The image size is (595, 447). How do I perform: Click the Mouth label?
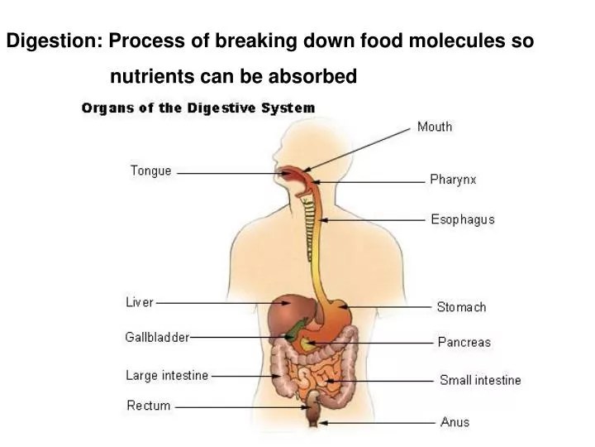(x=434, y=127)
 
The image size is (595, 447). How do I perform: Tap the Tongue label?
(x=150, y=171)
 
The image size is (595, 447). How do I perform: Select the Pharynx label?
(x=453, y=180)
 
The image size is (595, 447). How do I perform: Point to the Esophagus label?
(x=463, y=219)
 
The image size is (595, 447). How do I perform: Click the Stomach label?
(x=461, y=307)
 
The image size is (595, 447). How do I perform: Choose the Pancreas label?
(x=464, y=342)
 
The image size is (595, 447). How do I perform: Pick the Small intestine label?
(x=480, y=380)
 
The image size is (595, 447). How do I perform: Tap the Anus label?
(x=455, y=422)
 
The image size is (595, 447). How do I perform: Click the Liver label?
(x=140, y=302)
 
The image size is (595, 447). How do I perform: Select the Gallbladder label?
(x=157, y=338)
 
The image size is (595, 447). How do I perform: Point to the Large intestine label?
(x=167, y=376)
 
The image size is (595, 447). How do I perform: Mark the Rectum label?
(x=149, y=406)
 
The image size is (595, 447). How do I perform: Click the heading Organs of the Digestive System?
(x=198, y=108)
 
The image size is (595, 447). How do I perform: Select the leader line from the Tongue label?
(x=223, y=173)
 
